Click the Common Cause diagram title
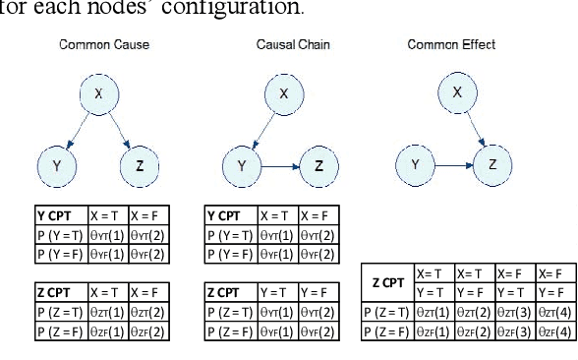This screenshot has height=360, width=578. [x=91, y=46]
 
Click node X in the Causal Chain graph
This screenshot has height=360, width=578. [x=284, y=94]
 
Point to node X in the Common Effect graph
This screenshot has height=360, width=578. [x=456, y=92]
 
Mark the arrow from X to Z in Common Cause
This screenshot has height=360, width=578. [x=121, y=132]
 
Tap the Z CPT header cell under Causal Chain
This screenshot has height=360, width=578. [x=230, y=292]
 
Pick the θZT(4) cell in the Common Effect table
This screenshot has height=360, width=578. [x=552, y=313]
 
